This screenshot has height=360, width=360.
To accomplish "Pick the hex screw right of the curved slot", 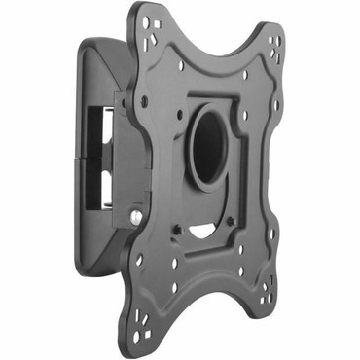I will tap(230, 221).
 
